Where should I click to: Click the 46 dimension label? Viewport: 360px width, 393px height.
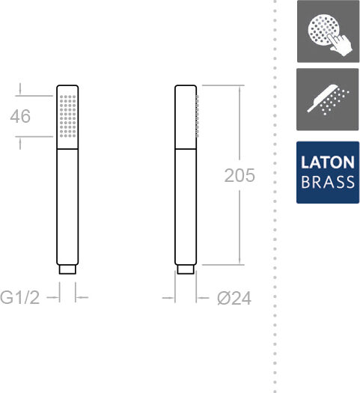[x=20, y=116]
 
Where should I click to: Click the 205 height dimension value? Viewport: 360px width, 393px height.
[x=240, y=175]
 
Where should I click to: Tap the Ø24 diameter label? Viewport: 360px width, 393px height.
[x=234, y=298]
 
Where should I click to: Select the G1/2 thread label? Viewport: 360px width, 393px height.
[x=19, y=297]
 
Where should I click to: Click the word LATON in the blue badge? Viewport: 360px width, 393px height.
[x=328, y=162]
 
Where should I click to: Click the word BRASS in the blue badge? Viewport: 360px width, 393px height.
[x=328, y=182]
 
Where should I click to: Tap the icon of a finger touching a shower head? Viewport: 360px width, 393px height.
[x=328, y=31]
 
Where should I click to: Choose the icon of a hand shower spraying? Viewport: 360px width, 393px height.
[x=328, y=100]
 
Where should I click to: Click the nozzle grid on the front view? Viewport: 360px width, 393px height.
[x=67, y=116]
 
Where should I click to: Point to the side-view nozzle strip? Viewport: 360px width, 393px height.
[x=198, y=116]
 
